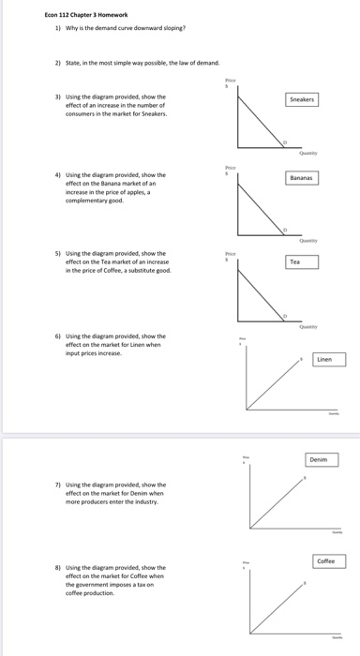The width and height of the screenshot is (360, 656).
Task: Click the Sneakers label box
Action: point(301,97)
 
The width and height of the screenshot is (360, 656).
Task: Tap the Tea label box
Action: point(294,261)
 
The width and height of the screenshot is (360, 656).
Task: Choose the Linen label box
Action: point(324,359)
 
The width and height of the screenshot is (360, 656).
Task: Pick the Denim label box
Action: point(319,459)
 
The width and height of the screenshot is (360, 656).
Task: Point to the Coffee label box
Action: point(324,560)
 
